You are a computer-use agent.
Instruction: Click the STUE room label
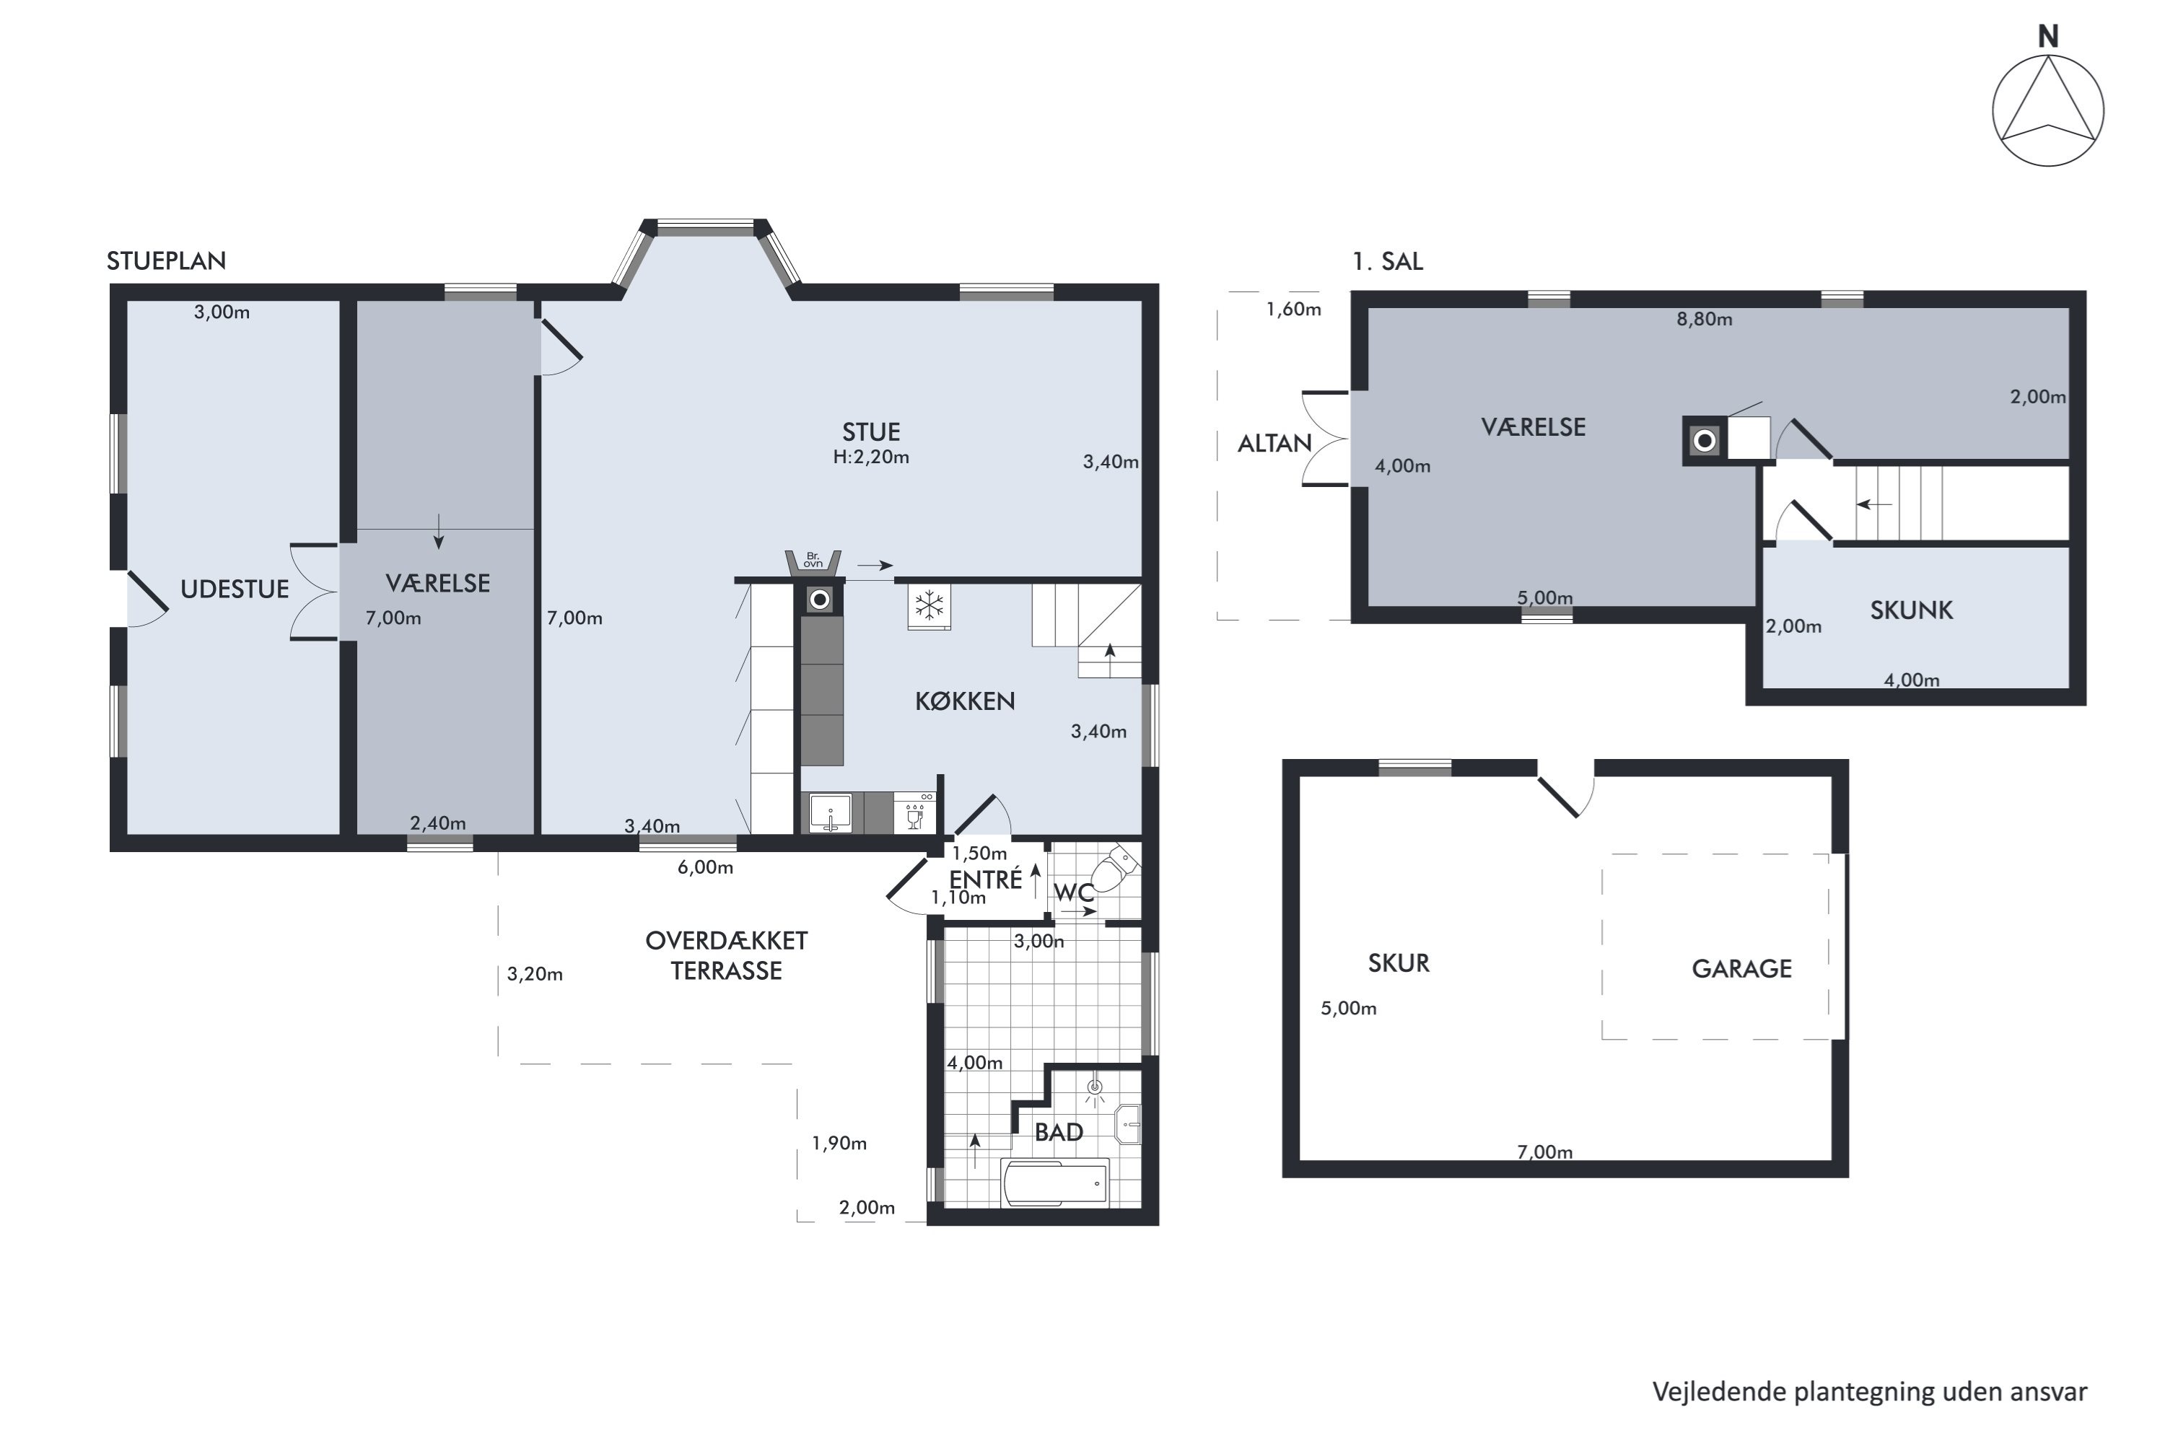click(x=871, y=431)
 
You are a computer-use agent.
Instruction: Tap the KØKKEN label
click(x=965, y=701)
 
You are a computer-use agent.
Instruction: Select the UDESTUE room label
click(x=234, y=589)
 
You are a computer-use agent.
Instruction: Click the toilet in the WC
click(x=1116, y=868)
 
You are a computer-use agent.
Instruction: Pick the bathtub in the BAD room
click(x=1055, y=1182)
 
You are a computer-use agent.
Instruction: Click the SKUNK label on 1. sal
click(x=1911, y=610)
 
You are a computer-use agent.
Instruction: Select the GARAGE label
click(x=1741, y=968)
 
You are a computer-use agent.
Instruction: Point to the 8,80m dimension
click(x=1704, y=320)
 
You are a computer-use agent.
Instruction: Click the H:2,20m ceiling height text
click(x=871, y=457)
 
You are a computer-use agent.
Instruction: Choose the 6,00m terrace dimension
click(x=705, y=867)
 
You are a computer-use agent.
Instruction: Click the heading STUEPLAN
click(x=167, y=260)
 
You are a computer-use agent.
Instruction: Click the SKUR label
click(x=1399, y=962)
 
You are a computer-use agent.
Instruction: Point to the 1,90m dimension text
click(x=839, y=1143)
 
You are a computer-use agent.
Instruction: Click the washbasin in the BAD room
click(x=1129, y=1125)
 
